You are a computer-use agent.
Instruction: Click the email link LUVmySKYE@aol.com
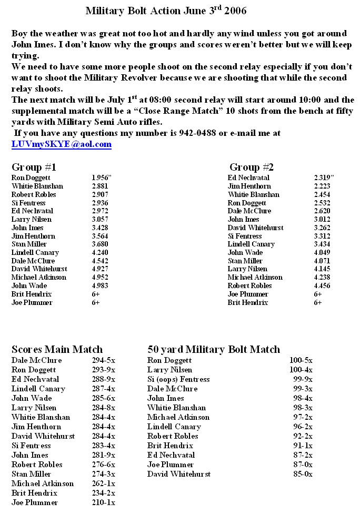tap(62, 144)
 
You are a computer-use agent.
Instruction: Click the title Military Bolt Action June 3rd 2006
tap(158, 11)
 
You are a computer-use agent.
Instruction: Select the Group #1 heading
tap(34, 167)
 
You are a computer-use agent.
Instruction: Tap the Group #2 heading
tap(252, 167)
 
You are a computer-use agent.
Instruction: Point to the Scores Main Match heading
tap(57, 349)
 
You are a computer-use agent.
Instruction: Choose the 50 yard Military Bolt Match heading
tap(213, 349)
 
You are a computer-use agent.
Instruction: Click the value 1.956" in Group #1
tap(102, 178)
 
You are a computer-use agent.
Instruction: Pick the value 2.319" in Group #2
tap(324, 178)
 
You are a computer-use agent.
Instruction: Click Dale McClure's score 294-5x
tap(103, 360)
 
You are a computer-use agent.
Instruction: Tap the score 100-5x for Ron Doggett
tap(301, 360)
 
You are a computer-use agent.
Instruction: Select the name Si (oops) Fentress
tap(178, 379)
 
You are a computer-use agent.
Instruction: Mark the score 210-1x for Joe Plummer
tap(103, 502)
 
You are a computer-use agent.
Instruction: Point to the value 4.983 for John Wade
tap(100, 286)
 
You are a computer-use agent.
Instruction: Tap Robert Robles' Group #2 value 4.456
tap(322, 286)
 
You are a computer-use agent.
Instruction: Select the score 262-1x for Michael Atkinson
tap(103, 484)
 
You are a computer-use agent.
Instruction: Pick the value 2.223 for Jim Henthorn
tap(322, 186)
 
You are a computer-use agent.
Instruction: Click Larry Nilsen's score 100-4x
tap(301, 370)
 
